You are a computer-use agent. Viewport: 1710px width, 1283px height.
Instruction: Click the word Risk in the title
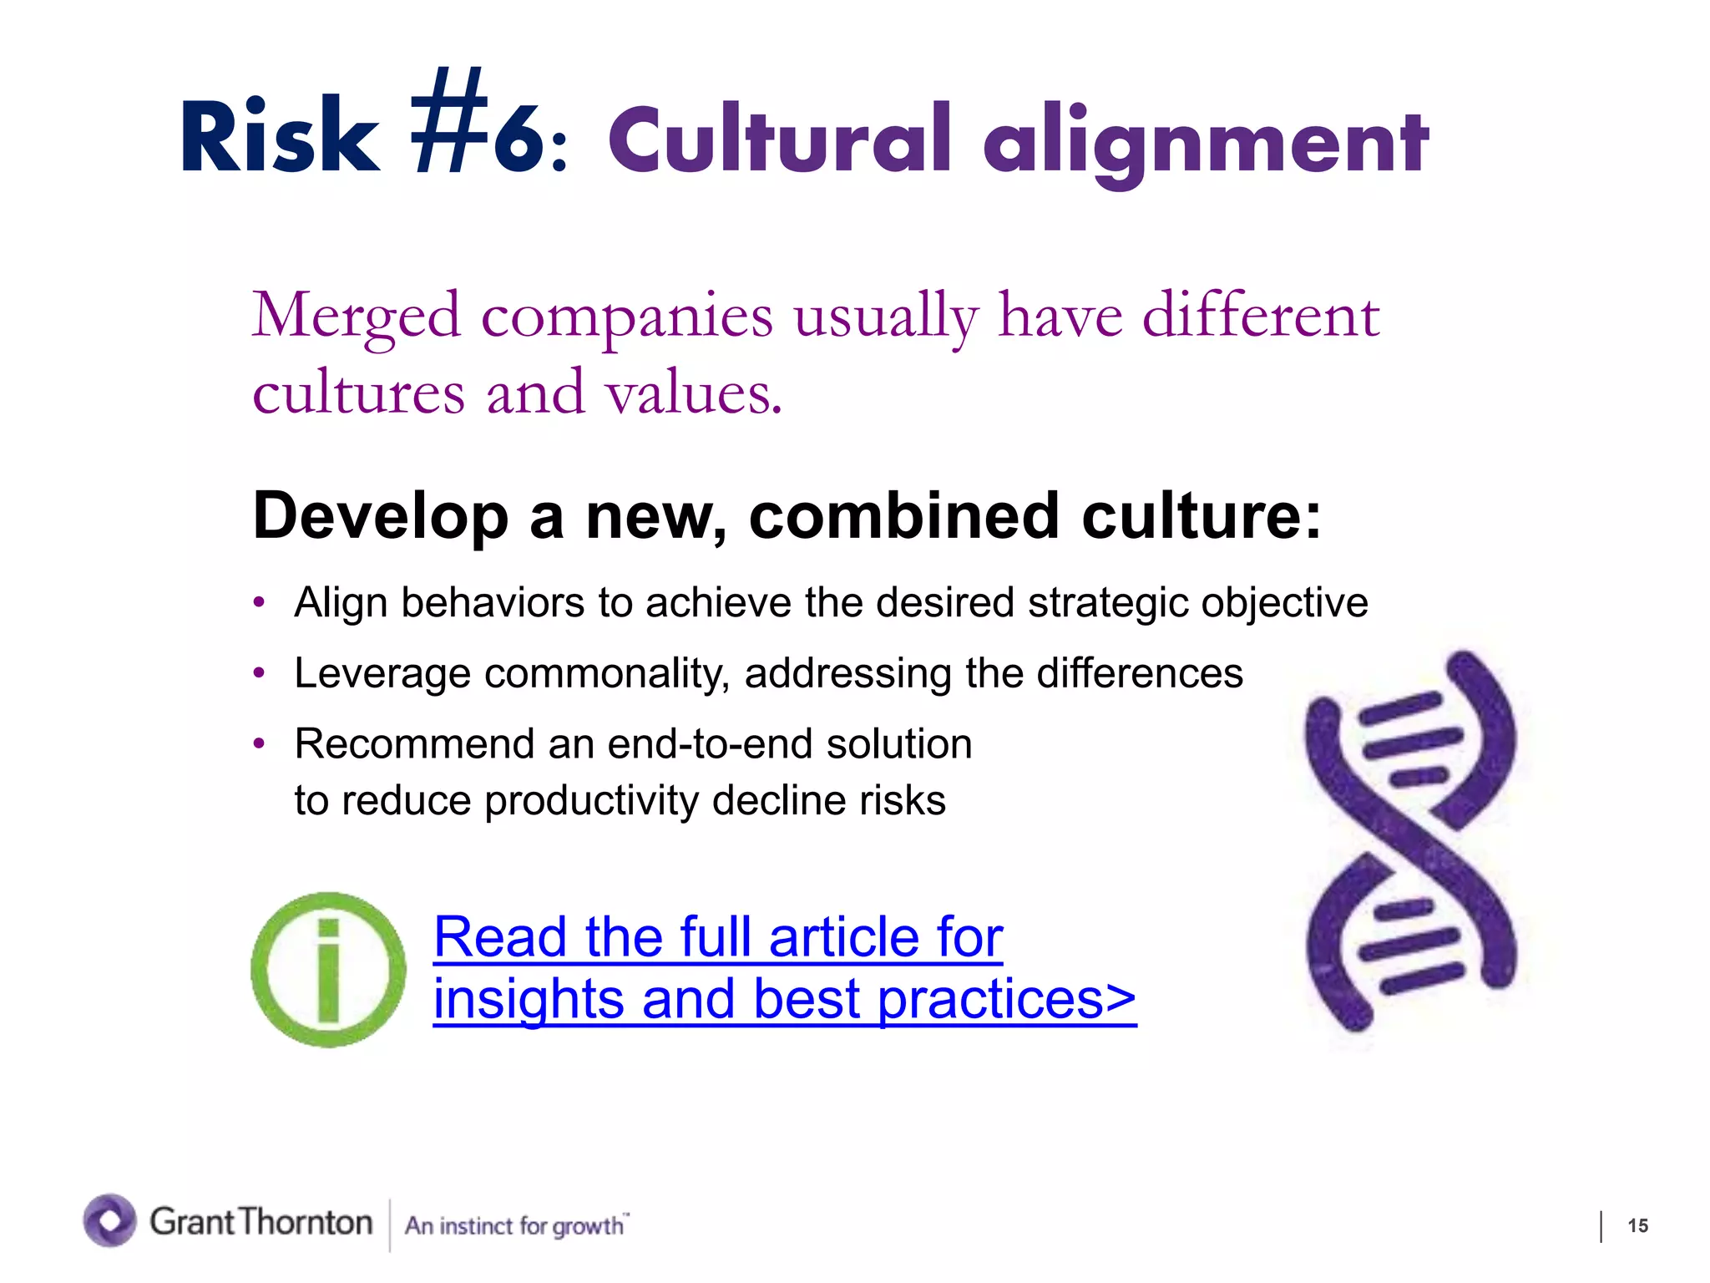tap(279, 136)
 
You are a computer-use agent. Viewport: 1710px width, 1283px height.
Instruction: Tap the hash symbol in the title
tap(451, 123)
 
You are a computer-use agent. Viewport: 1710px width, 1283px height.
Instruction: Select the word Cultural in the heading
tap(779, 139)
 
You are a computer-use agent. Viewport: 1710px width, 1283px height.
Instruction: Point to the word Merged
tap(356, 317)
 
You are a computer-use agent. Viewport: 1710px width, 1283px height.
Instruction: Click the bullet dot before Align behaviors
tap(260, 602)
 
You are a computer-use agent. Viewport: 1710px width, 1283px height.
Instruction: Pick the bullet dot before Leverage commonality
tap(260, 672)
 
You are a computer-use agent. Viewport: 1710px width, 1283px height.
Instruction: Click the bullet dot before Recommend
tap(260, 743)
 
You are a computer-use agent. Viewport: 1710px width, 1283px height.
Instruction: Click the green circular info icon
tap(328, 970)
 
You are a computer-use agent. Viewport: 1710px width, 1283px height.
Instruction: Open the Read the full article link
tap(718, 938)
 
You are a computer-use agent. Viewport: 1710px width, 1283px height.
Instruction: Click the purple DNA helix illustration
tap(1411, 839)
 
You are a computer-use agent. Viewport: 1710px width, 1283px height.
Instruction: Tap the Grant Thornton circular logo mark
tap(109, 1220)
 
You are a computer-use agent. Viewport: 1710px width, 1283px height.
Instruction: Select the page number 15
tap(1637, 1225)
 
